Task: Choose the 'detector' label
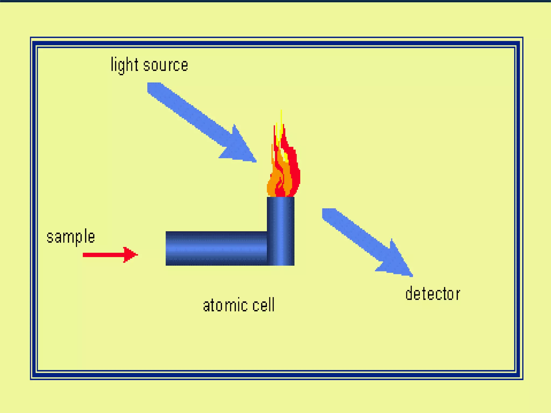pyautogui.click(x=432, y=294)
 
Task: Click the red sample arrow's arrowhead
pyautogui.click(x=130, y=254)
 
